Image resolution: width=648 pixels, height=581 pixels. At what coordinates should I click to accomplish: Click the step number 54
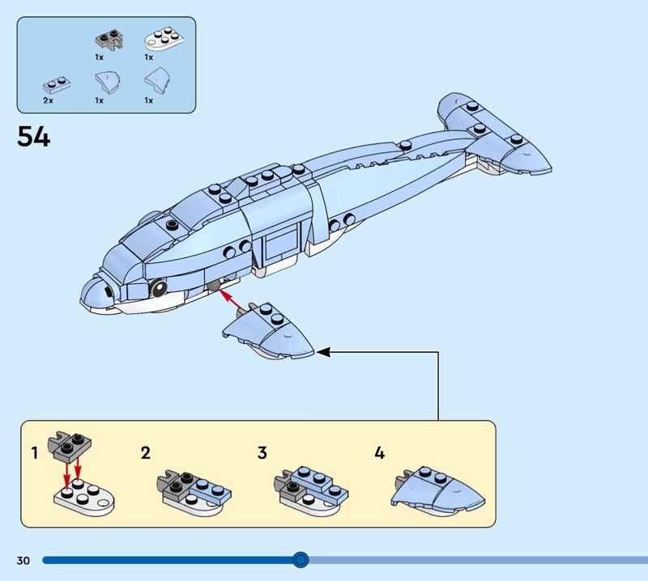click(34, 137)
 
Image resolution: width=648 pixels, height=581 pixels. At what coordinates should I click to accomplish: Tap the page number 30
click(23, 560)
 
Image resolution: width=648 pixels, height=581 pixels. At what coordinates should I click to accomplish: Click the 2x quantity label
click(49, 100)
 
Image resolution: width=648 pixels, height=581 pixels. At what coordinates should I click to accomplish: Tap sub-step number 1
click(35, 453)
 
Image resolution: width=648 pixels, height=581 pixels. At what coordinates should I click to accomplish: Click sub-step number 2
click(146, 453)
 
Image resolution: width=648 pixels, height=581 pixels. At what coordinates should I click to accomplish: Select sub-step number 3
click(262, 453)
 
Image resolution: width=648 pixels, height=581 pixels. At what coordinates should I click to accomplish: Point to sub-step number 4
click(379, 453)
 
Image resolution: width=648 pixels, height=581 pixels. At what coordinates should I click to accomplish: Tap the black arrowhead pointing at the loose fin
click(322, 352)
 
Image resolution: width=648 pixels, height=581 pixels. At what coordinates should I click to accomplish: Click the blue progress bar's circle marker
click(301, 559)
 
